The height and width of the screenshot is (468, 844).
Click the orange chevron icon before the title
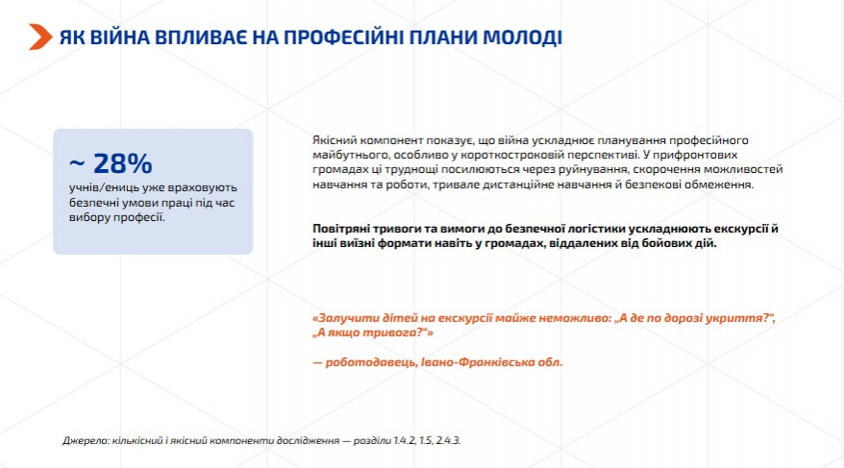[40, 37]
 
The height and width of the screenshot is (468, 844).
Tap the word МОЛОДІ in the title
[522, 37]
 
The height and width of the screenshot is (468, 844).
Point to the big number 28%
[123, 163]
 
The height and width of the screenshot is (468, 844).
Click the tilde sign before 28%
[77, 164]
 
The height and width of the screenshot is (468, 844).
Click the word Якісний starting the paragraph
[335, 140]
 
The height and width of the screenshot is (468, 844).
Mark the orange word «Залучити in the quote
[339, 318]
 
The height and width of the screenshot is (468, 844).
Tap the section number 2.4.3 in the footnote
[448, 440]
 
